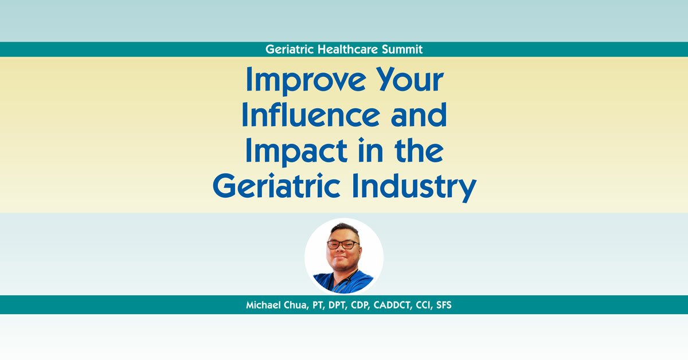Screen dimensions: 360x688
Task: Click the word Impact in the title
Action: [298, 151]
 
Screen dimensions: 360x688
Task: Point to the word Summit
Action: [404, 49]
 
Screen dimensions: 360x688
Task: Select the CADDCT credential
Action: [401, 305]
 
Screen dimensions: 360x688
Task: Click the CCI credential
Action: [431, 305]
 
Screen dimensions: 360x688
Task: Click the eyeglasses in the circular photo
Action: [343, 244]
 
